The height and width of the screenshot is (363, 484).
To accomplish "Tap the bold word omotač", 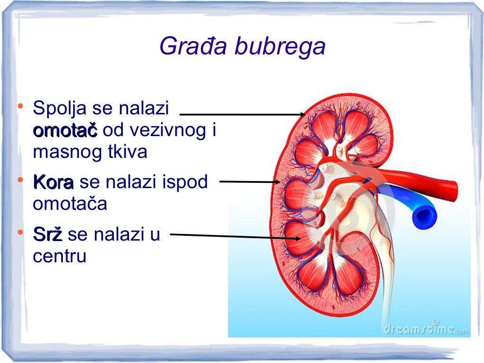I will [65, 130].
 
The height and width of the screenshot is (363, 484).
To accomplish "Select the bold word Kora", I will [53, 181].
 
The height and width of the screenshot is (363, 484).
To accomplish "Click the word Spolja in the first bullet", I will [59, 109].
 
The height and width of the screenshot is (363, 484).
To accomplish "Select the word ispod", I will [186, 182].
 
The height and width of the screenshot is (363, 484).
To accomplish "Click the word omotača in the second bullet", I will [70, 204].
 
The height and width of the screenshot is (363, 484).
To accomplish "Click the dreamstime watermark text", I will [425, 328].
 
